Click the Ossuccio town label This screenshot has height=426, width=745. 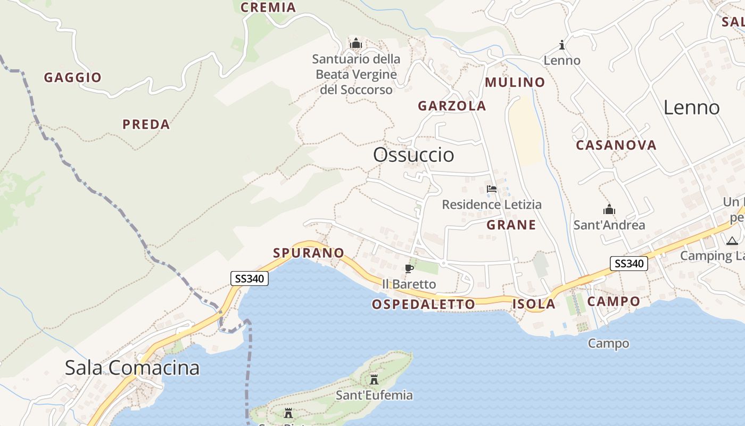click(413, 155)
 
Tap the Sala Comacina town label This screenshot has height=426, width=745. click(132, 367)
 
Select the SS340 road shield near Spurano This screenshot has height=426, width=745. click(249, 278)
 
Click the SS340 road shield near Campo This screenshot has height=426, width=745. click(628, 263)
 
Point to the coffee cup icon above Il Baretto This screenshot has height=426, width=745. click(409, 268)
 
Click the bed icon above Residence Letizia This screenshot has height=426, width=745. click(492, 189)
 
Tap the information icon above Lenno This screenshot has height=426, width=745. click(561, 44)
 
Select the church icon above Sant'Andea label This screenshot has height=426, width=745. click(609, 209)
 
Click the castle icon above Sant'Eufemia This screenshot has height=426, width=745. click(374, 379)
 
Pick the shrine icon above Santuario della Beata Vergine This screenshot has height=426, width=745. click(356, 43)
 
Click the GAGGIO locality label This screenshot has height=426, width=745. click(72, 78)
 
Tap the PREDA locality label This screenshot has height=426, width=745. click(146, 125)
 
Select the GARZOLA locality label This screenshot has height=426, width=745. click(452, 106)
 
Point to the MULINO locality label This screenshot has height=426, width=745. click(515, 83)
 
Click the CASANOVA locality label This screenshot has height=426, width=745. click(616, 145)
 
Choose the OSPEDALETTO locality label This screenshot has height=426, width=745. click(423, 305)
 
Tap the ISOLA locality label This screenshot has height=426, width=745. click(534, 305)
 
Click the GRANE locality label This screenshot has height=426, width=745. click(511, 225)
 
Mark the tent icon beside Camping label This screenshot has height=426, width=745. click(732, 241)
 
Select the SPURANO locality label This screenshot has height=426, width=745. click(309, 253)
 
